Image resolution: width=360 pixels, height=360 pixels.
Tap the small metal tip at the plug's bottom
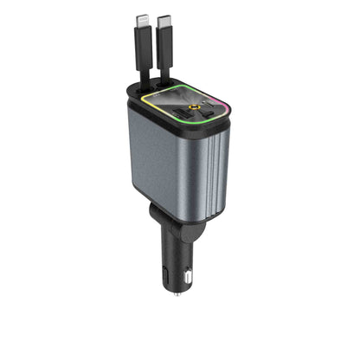(177, 293)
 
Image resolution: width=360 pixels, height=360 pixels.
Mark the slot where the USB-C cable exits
(165, 89)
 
